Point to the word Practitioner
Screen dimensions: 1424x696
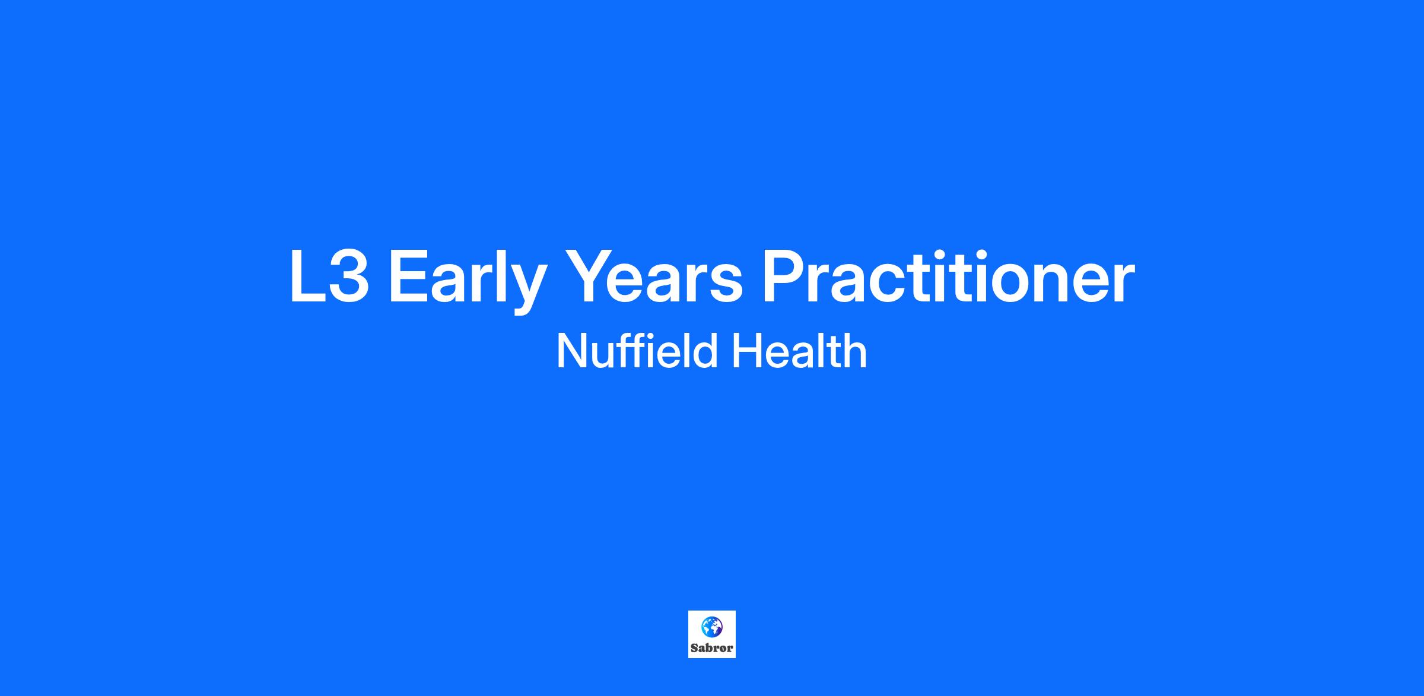948,276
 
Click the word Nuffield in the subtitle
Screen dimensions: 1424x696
638,351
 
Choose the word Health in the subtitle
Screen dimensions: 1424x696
799,351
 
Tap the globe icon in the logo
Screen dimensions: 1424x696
712,627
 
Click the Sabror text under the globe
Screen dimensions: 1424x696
712,648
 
